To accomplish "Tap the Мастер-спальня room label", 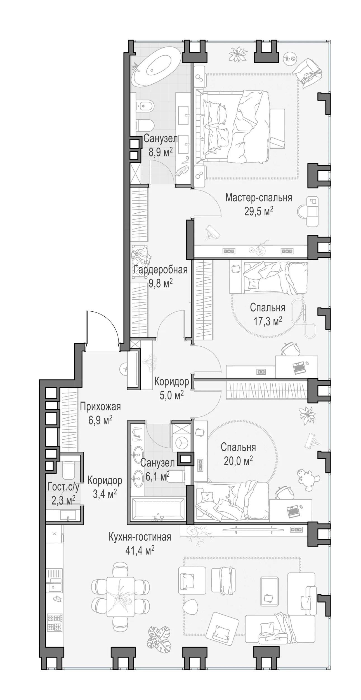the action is (259, 198).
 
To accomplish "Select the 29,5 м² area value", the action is (259, 211).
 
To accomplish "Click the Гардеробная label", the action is (161, 270).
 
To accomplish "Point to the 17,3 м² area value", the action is (268, 321).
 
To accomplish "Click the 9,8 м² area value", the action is (161, 284).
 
